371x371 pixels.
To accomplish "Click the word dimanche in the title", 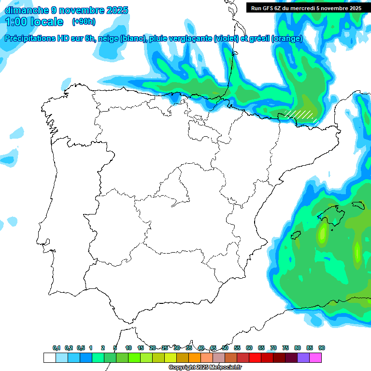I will click(x=26, y=10).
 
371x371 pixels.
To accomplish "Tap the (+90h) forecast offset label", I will click(x=84, y=22).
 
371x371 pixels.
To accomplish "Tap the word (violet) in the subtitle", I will click(x=226, y=39).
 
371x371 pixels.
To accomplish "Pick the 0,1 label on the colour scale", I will click(x=57, y=348).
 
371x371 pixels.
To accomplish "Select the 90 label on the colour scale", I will click(x=322, y=348).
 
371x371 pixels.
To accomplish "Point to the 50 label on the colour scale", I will click(x=225, y=348).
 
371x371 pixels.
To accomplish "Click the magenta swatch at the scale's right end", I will click(x=315, y=357).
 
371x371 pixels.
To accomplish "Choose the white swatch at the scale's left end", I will click(x=49, y=357).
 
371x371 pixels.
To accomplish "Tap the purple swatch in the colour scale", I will click(x=303, y=357).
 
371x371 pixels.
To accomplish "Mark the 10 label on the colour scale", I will click(x=128, y=348).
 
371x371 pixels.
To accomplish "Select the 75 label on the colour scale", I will click(x=285, y=348).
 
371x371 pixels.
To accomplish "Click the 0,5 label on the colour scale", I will click(x=81, y=348).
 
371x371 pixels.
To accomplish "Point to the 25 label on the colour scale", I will click(x=165, y=348).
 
